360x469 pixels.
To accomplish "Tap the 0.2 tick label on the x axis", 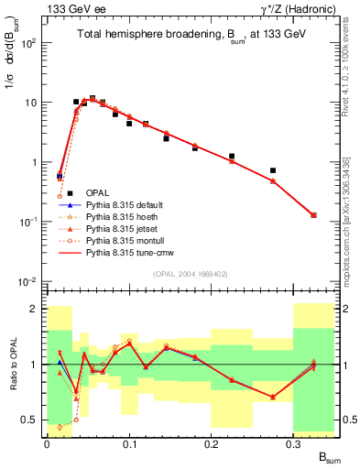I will pyautogui.click(x=212, y=442).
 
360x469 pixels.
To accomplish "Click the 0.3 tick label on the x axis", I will pyautogui.click(x=294, y=442).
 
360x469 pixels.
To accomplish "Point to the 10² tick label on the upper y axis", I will pyautogui.click(x=28, y=43).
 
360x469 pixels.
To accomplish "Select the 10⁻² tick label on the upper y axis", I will pyautogui.click(x=28, y=281).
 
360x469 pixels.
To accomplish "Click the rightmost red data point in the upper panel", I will pyautogui.click(x=314, y=215).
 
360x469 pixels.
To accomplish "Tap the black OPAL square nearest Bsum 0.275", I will pyautogui.click(x=273, y=170).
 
